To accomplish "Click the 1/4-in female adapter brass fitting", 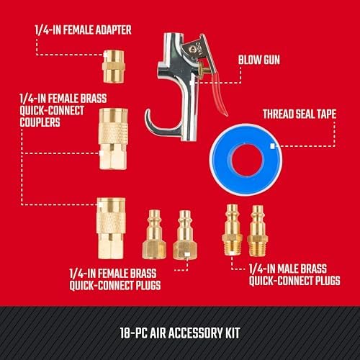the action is [114, 66].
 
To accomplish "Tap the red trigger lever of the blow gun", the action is [220, 95].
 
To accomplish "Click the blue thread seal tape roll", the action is [246, 160].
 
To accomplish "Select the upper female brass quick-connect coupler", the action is [113, 139].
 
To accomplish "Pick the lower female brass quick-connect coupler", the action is [111, 228].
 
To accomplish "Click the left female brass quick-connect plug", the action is [154, 235].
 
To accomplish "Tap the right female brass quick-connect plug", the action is [185, 235].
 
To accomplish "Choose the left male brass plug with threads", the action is [232, 230].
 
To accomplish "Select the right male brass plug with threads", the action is [258, 231].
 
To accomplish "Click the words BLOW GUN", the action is [259, 60].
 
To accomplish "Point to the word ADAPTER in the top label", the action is [113, 30].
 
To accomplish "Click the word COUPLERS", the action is [40, 122].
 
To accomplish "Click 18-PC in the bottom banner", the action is [134, 333].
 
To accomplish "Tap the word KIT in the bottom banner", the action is [233, 333].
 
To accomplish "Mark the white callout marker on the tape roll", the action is [272, 146].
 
